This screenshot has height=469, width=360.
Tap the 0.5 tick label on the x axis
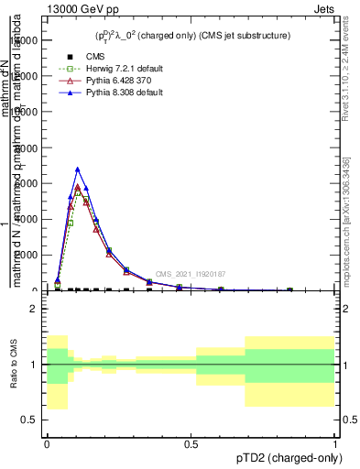[x=191, y=442]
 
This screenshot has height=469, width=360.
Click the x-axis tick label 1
[x=335, y=442]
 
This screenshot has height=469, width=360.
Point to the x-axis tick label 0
[x=47, y=442]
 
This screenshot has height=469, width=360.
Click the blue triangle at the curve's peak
[x=78, y=169]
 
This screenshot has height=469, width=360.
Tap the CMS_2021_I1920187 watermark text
[x=191, y=274]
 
